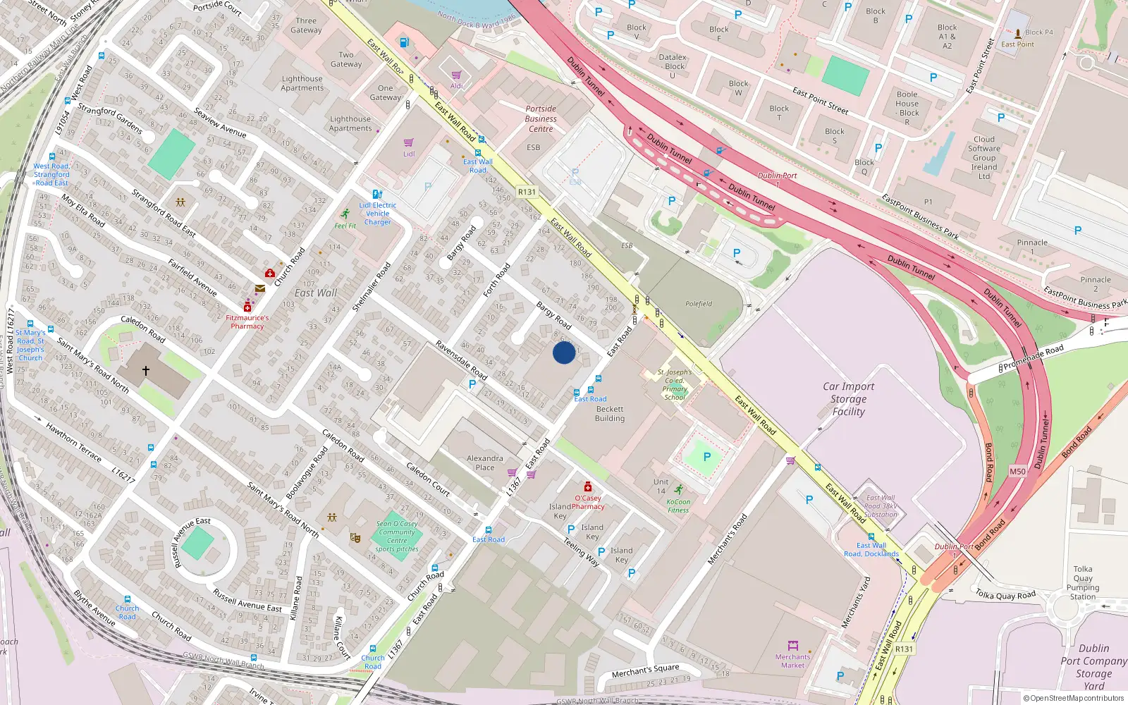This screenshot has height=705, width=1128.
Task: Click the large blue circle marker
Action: click(564, 352)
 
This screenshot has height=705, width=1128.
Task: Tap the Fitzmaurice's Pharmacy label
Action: click(247, 321)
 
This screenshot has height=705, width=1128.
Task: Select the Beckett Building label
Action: click(610, 414)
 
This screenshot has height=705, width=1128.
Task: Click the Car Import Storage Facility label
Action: click(848, 399)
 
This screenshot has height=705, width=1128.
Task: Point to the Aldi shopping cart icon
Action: click(456, 75)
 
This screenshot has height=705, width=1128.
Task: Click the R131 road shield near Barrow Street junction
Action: click(527, 192)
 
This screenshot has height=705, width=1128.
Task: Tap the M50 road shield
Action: click(1017, 472)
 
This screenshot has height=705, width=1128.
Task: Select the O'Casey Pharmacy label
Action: click(587, 502)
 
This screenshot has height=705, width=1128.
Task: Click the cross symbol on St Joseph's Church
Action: click(146, 370)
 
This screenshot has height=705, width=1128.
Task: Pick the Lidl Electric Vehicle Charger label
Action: click(378, 214)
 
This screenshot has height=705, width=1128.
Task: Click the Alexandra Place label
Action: click(485, 462)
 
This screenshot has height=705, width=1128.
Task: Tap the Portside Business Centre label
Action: click(541, 118)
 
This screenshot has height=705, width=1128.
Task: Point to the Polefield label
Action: click(699, 304)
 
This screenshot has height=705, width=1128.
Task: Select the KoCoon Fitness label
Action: click(678, 505)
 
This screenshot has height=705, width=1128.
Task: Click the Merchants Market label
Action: click(792, 661)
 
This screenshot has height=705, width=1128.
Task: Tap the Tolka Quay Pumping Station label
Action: click(1083, 582)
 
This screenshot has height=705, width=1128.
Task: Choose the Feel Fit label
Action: click(345, 226)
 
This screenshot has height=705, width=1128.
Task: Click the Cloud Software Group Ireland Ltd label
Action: click(984, 158)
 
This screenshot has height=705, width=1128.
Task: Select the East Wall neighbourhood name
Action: click(316, 293)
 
